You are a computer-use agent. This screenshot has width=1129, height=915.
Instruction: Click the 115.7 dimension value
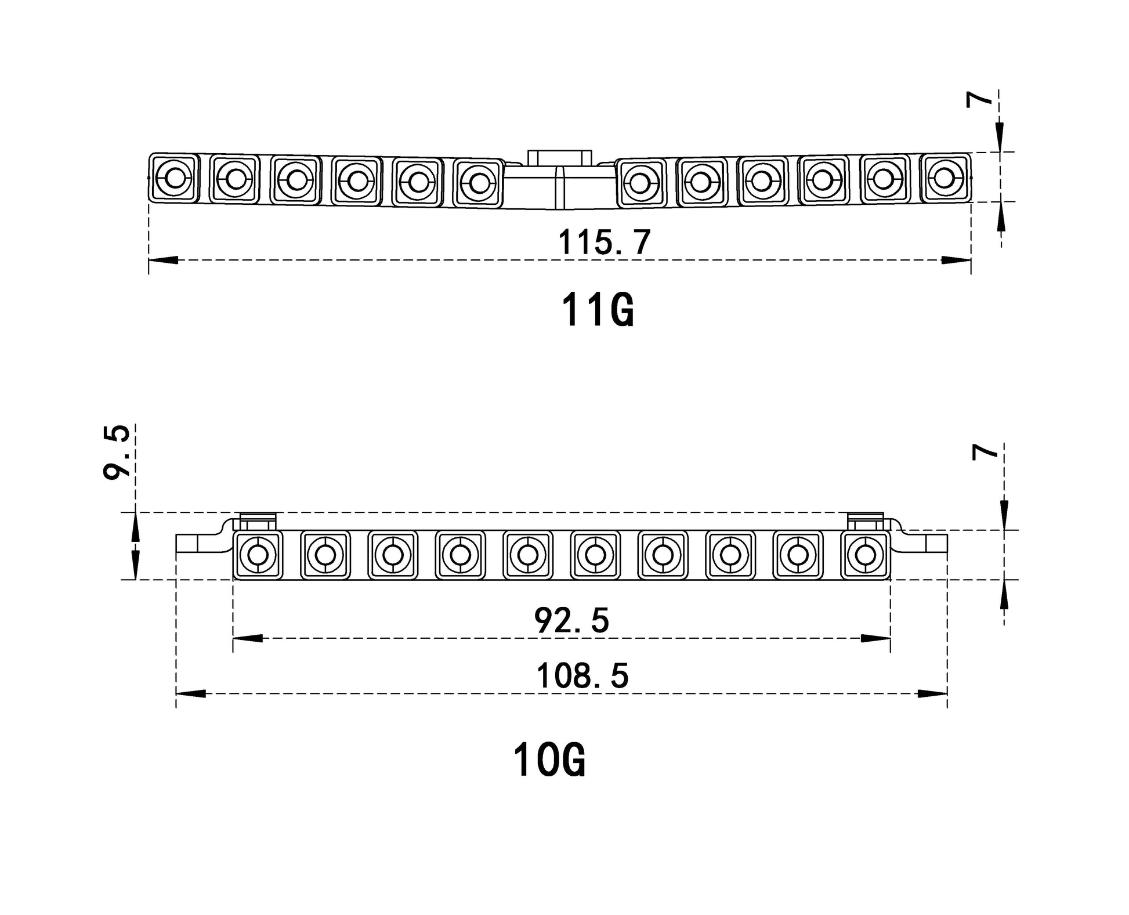[604, 242]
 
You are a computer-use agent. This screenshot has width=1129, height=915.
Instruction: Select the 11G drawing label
[598, 310]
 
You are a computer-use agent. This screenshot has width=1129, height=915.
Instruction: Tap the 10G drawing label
[549, 760]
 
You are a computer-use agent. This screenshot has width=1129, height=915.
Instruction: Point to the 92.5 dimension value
[571, 620]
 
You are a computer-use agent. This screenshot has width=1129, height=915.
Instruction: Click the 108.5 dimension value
[582, 676]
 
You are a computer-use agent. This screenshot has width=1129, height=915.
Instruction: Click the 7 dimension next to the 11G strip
[979, 100]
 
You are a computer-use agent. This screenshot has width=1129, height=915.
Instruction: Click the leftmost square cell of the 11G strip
[174, 178]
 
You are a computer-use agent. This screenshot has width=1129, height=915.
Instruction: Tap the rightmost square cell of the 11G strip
[945, 176]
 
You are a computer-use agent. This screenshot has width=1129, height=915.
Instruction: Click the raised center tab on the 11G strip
[559, 158]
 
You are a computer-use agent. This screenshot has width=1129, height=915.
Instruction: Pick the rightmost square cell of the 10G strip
[866, 555]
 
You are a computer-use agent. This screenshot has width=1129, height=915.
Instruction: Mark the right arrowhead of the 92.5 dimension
[877, 638]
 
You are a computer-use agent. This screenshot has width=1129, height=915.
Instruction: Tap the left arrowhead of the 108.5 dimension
[190, 693]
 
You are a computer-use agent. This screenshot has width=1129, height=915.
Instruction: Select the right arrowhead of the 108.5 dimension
[933, 693]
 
